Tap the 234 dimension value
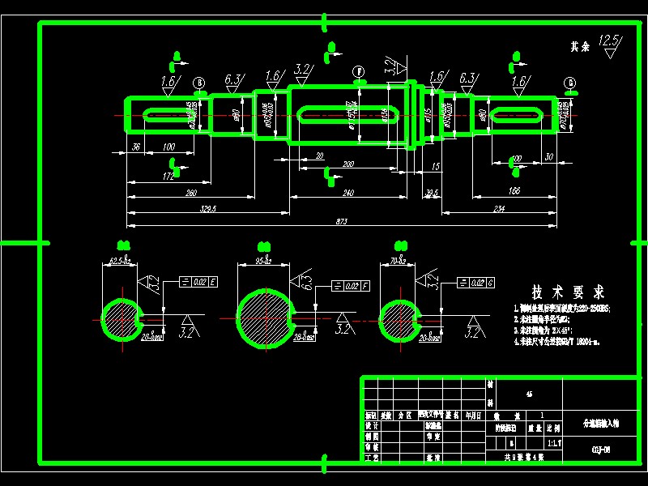point(498,209)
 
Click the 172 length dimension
point(168,176)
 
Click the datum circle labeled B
point(199,83)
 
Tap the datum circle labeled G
point(571,83)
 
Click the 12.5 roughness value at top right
point(608,40)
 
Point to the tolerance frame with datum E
point(198,283)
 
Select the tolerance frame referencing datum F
point(352,286)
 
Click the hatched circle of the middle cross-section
point(262,317)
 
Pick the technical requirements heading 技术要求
point(568,292)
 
